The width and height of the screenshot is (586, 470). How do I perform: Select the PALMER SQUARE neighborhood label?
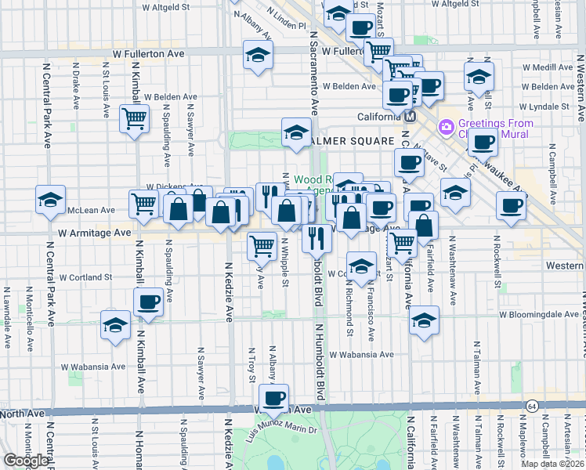[350, 141]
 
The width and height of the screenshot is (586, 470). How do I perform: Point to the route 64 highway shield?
[532, 406]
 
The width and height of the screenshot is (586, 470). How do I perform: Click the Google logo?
[26, 461]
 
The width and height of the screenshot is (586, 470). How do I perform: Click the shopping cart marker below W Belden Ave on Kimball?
[134, 119]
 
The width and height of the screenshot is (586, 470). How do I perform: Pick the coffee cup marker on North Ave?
[274, 398]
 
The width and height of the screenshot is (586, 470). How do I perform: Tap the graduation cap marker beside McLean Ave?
[50, 200]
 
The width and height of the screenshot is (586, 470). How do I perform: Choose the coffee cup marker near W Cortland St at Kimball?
[148, 302]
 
